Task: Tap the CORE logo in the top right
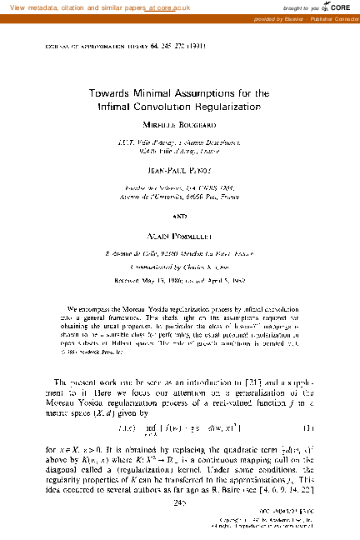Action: [x=337, y=7]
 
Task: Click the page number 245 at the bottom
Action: [x=180, y=502]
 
